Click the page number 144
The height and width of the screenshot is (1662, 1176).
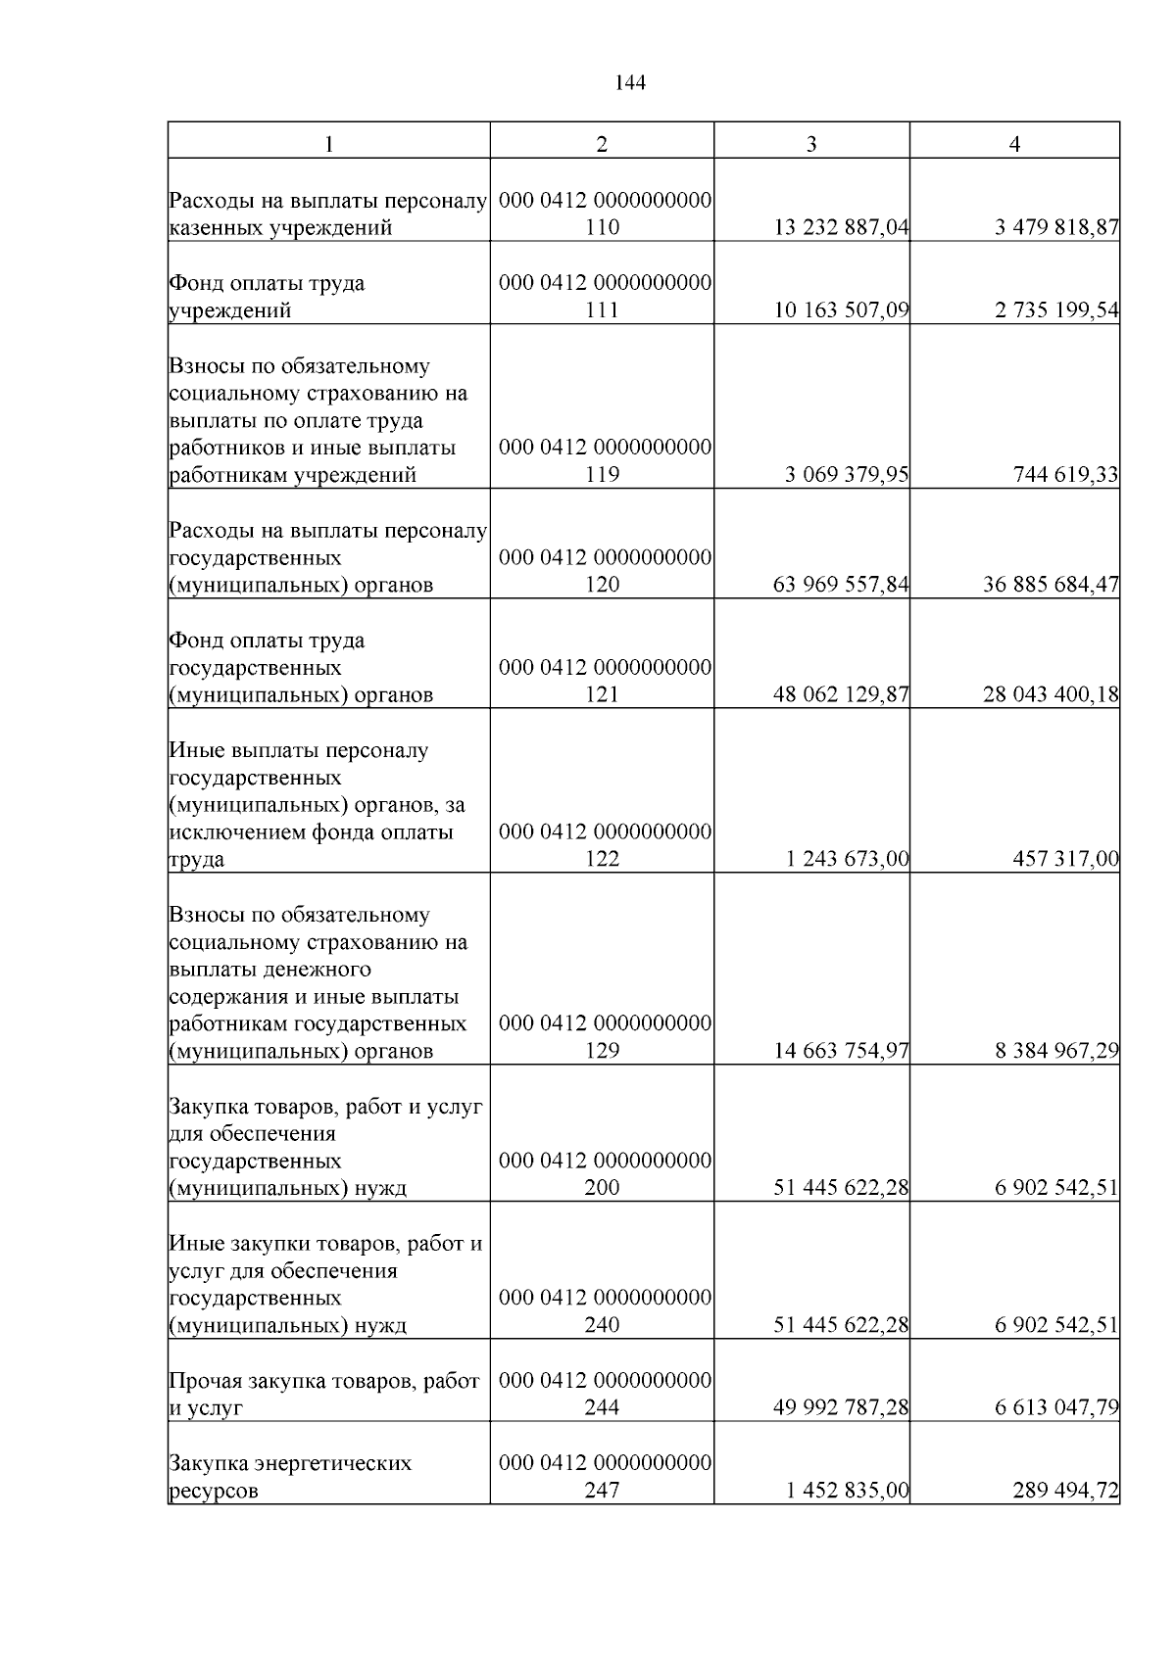[630, 83]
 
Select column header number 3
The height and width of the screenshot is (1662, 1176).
[811, 143]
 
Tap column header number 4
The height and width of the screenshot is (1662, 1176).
[1014, 143]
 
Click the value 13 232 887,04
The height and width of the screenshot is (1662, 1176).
[842, 228]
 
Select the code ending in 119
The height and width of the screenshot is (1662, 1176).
[602, 475]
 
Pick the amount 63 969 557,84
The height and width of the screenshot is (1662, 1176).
[842, 585]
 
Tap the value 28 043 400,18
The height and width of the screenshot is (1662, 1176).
[1051, 694]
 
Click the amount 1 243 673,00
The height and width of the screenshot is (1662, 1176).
[847, 859]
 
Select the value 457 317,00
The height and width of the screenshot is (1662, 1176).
[1066, 859]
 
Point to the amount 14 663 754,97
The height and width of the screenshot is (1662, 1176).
[842, 1051]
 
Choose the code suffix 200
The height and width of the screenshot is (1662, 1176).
[602, 1188]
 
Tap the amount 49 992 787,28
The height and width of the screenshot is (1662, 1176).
[842, 1407]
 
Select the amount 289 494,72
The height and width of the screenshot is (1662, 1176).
[1066, 1491]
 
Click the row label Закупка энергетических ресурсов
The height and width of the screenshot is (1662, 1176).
[291, 1477]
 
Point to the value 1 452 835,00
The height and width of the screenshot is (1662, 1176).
[847, 1491]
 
